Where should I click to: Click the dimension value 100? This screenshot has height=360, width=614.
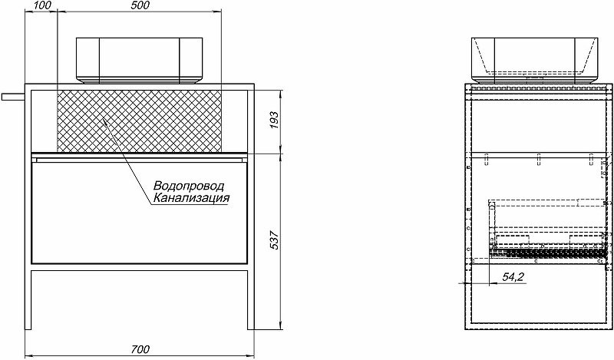[x=43, y=5]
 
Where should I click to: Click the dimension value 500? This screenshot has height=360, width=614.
[x=140, y=5]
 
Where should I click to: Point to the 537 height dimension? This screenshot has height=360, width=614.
[x=275, y=241]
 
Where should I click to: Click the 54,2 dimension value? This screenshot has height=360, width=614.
[x=512, y=276]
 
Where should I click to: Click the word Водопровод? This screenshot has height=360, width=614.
[x=188, y=187]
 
